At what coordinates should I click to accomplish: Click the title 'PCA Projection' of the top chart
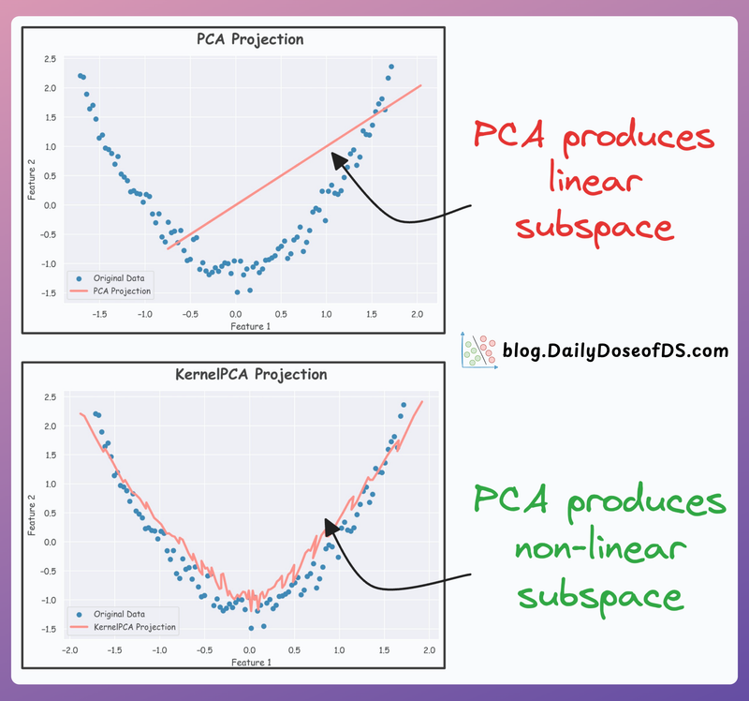[x=250, y=39]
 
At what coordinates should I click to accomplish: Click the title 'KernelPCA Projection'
[x=251, y=374]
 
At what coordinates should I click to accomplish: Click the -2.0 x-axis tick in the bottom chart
[x=69, y=651]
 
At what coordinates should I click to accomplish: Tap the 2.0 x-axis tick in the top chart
[x=416, y=315]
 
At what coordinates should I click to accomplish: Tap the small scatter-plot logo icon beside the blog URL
[x=477, y=350]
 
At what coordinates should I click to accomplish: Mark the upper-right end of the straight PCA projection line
[x=420, y=85]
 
